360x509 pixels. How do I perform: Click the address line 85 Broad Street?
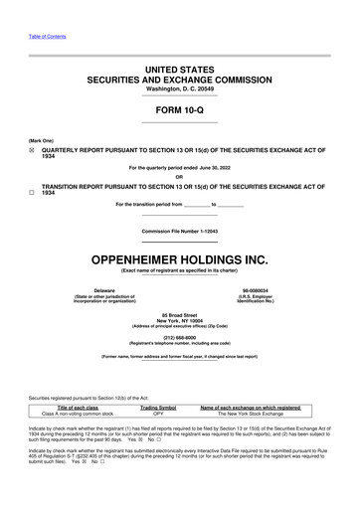click(x=179, y=298)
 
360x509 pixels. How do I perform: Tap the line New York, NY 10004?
click(x=179, y=304)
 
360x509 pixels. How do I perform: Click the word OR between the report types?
click(x=179, y=178)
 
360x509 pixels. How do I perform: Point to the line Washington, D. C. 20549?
click(x=179, y=88)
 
